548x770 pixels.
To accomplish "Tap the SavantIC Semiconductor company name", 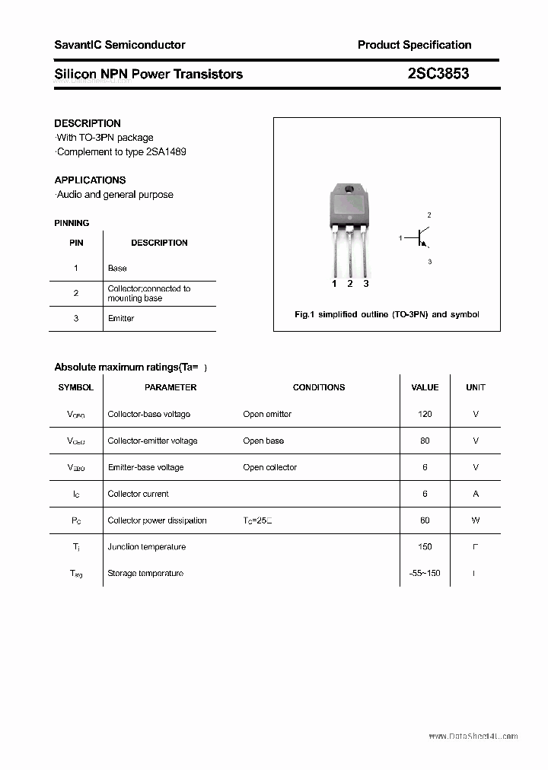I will pos(119,45).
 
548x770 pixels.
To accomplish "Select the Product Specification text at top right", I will pos(414,45).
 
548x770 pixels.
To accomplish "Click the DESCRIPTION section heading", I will pos(88,123).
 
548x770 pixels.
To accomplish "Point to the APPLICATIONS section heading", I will pos(90,180).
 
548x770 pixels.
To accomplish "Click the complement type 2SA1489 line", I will pos(122,151).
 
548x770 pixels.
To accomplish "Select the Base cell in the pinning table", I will pos(117,269).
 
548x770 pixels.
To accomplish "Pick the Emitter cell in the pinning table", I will pos(121,318).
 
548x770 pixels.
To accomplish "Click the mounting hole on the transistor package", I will pos(349,189).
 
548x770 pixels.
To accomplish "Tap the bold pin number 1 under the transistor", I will pos(334,284).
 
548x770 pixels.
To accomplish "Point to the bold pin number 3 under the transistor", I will pos(366,284).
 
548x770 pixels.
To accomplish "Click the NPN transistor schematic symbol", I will pos(421,238).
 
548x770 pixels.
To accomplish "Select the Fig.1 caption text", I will pos(387,314).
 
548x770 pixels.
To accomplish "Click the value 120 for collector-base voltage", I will pos(425,414).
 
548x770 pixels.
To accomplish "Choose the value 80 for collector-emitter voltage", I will pos(425,441).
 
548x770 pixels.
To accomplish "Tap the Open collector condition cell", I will pos(269,467).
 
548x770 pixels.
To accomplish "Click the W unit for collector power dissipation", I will pos(476,520).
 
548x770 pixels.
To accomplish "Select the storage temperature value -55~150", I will pos(425,573).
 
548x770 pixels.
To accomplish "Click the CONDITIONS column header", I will pos(319,387).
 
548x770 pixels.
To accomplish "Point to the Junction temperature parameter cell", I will pos(146,547).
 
